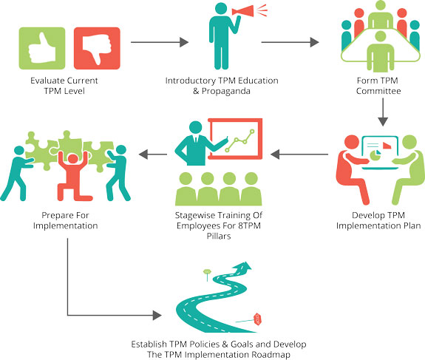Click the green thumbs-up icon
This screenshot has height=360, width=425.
click(42, 48)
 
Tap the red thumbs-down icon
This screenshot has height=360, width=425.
click(97, 48)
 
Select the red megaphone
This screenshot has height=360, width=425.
click(243, 11)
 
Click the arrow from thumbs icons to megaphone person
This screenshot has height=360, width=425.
click(160, 42)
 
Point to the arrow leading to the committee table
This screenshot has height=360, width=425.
click(290, 42)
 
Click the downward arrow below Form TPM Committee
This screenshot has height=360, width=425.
click(383, 112)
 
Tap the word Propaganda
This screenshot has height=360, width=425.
click(225, 91)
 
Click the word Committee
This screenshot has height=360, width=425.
click(378, 91)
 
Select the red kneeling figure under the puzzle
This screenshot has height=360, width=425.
click(72, 176)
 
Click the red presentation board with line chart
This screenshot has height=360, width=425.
click(235, 138)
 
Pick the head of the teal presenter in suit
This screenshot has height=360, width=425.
click(196, 127)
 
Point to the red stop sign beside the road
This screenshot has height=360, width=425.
click(257, 319)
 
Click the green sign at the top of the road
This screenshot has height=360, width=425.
click(207, 271)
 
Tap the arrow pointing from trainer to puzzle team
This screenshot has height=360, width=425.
click(153, 154)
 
